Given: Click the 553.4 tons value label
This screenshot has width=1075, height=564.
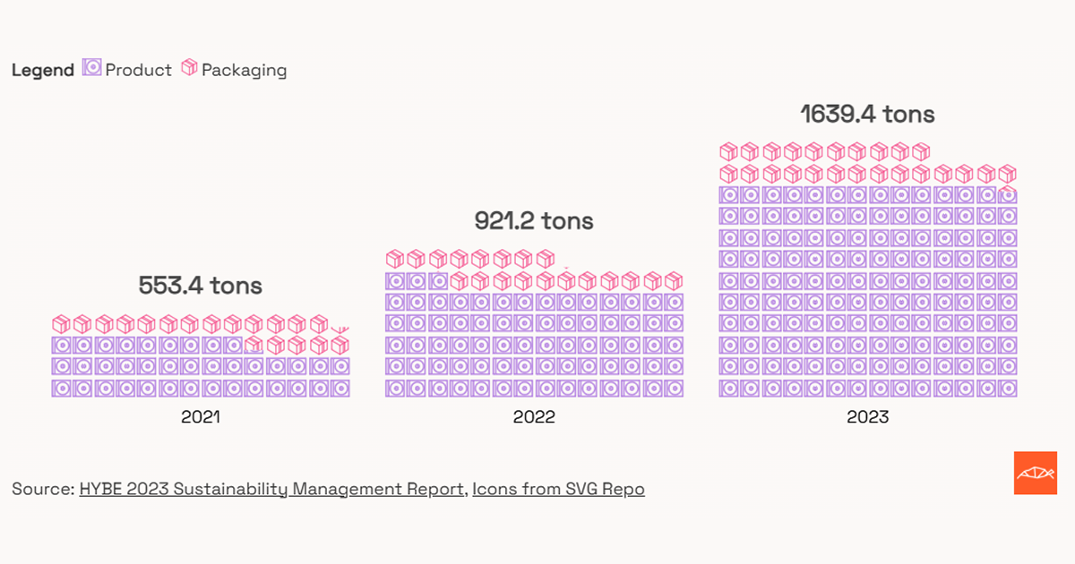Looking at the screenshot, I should (x=200, y=286).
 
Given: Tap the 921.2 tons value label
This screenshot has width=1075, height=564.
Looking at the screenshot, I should (x=534, y=221).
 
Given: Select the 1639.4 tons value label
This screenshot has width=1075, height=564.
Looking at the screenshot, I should (x=867, y=115).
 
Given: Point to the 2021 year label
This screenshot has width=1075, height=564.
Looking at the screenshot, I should (x=200, y=416).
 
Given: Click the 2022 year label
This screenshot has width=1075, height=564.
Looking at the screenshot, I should (x=534, y=416).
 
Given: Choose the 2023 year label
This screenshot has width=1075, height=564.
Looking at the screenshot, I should (x=867, y=416).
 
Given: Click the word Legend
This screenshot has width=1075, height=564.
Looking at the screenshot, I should (x=42, y=71).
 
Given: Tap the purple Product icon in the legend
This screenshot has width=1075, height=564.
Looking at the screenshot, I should (x=91, y=67).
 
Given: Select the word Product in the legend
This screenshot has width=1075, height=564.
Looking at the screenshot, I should (x=138, y=70).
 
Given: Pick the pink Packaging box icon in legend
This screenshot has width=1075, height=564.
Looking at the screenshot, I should (x=189, y=67).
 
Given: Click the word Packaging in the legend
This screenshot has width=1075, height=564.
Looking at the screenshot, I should (x=244, y=70).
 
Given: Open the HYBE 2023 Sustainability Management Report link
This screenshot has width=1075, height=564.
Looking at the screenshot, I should (x=272, y=489).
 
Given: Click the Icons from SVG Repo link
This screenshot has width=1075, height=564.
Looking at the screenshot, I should (x=558, y=489).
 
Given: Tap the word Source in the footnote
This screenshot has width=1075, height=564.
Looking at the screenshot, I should (x=41, y=489).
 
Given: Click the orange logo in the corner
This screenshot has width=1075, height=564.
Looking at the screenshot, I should (x=1036, y=473).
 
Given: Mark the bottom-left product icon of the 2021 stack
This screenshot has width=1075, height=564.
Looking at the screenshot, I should (x=61, y=389).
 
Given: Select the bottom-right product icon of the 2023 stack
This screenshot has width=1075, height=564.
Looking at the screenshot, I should (x=1008, y=389).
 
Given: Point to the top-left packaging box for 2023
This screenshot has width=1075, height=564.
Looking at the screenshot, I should (x=728, y=151).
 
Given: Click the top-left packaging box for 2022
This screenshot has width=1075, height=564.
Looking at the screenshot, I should (x=394, y=259).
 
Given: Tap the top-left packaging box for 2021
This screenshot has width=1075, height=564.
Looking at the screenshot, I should (x=61, y=323).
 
